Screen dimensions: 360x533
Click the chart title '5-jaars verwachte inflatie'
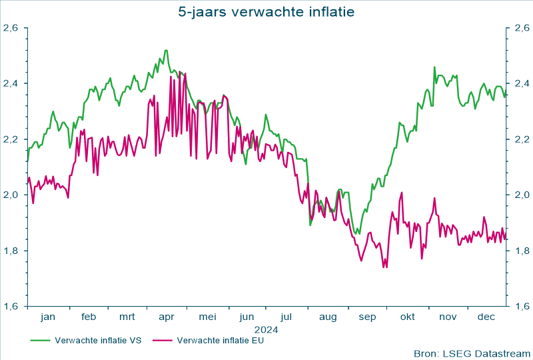tap(266, 11)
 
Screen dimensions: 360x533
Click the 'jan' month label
tap(48, 317)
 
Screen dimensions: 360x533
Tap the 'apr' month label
tap(167, 318)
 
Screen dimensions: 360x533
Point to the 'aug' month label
tap(328, 318)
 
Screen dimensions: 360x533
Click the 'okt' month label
tap(407, 317)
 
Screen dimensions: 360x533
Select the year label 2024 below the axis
tap(266, 329)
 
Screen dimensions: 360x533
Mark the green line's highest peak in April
tap(166, 50)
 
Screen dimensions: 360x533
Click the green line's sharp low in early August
tap(310, 225)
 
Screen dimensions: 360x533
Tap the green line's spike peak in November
tap(434, 67)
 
